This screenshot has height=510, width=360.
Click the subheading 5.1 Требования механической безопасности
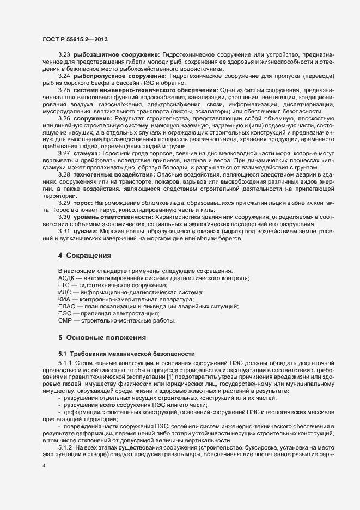[x=123, y=354]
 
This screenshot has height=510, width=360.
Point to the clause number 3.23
[x=64, y=55]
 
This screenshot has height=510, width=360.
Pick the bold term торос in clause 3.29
[x=84, y=202]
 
